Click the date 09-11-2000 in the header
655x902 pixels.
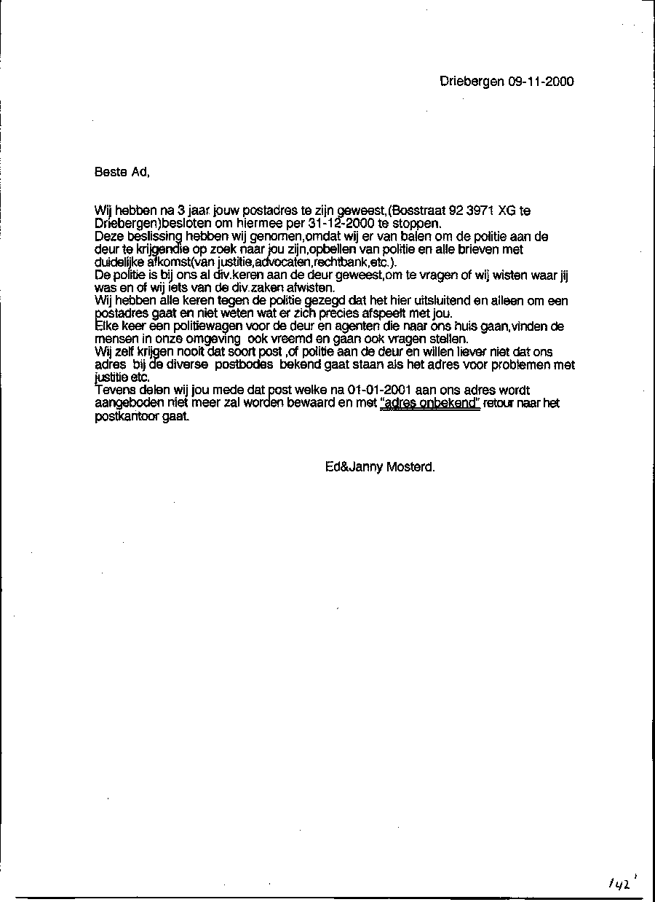coord(541,82)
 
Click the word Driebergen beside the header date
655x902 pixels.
coord(472,82)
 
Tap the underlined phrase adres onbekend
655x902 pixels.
coord(430,404)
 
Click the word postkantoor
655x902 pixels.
coord(127,417)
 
